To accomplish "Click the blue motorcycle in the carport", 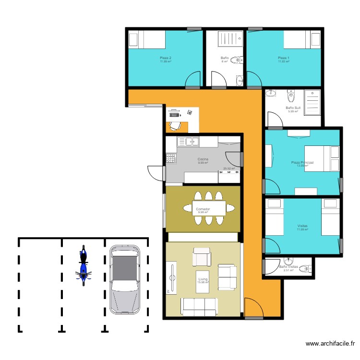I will [84, 265].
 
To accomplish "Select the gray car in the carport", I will [124, 279].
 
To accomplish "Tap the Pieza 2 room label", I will [166, 58].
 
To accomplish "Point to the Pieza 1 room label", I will [284, 58].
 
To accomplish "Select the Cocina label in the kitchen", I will [203, 159].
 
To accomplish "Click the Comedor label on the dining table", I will [203, 209].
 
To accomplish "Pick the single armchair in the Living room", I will [202, 257].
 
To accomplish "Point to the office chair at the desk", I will [175, 125].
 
